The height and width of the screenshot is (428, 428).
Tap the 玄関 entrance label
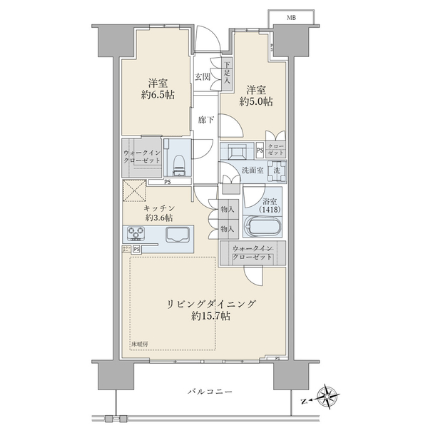[203, 77]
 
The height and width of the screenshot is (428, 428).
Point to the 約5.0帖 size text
[255, 101]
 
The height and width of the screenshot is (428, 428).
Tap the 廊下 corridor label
[205, 119]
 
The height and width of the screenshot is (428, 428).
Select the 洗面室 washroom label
[252, 171]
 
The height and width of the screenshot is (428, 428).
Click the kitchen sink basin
[178, 234]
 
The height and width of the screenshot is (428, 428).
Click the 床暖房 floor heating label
[140, 345]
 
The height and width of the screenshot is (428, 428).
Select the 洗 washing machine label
[276, 171]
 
